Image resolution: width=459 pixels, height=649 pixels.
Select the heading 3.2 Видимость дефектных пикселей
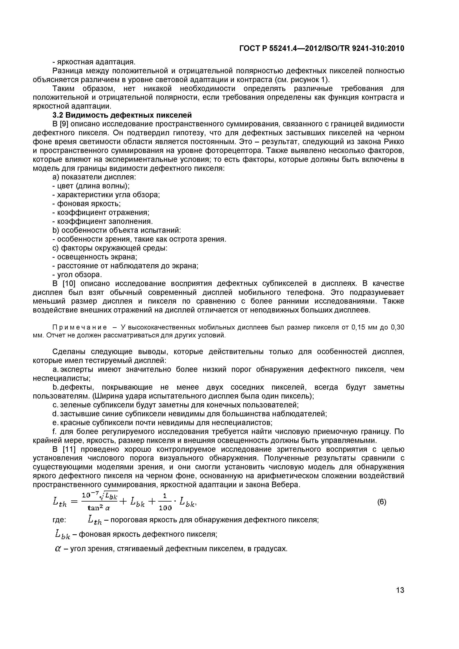tap(122, 115)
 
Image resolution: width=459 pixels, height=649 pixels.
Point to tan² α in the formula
tap(99, 508)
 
